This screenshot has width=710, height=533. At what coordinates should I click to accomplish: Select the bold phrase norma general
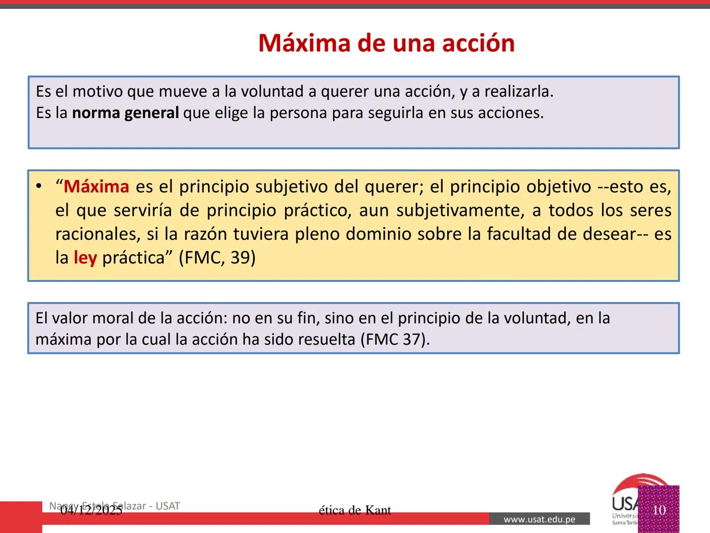125,113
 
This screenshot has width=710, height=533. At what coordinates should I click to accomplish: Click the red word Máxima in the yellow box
97,187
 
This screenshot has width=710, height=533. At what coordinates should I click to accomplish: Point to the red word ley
85,258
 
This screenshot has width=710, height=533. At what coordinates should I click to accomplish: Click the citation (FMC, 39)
217,258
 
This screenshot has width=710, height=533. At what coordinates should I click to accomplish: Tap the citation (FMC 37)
394,340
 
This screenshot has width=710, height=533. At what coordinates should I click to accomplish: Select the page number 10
659,510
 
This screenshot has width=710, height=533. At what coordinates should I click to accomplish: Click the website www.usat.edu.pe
539,519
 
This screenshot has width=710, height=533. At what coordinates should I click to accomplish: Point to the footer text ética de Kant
355,510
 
